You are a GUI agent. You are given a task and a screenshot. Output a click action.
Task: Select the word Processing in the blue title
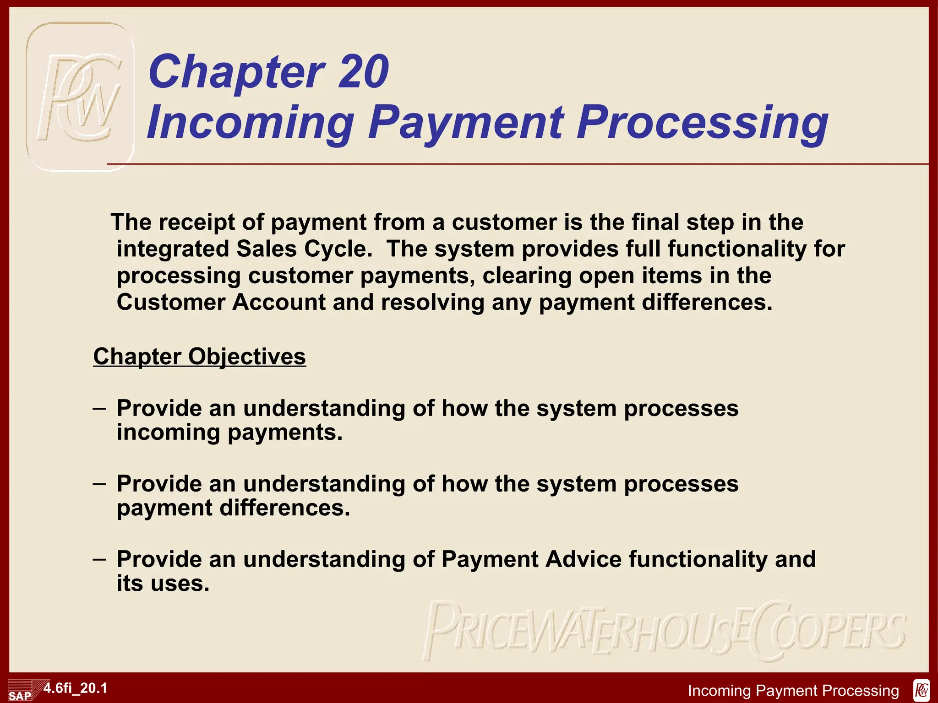702,122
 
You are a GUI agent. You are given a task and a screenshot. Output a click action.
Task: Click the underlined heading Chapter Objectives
199,357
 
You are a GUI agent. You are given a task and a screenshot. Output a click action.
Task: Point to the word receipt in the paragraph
196,222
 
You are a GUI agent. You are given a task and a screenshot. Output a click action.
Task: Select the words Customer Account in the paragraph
221,303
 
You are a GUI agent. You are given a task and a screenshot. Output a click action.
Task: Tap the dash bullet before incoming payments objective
99,408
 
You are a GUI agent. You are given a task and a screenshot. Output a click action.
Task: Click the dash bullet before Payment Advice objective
99,559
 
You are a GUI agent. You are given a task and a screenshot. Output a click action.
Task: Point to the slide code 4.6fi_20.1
76,688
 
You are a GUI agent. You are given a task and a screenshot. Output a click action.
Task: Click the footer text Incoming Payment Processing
793,691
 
